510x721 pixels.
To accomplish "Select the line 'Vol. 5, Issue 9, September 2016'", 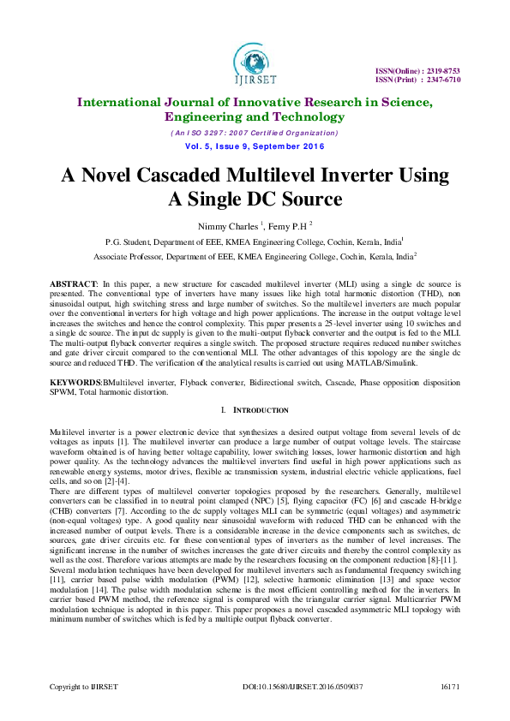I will (x=254, y=146).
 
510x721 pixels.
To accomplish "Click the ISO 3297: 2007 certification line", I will (x=254, y=133).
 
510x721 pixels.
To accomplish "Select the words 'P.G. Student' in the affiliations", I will (x=130, y=241).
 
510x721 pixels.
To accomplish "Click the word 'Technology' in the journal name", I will (x=309, y=117).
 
